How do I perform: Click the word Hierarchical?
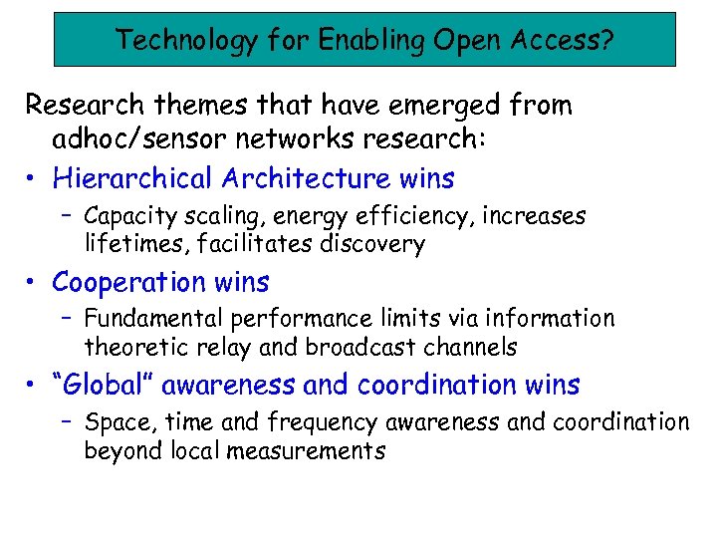(x=132, y=178)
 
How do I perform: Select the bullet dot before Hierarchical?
(x=33, y=179)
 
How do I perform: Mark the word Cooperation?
(x=129, y=282)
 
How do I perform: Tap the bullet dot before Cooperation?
(x=33, y=283)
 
